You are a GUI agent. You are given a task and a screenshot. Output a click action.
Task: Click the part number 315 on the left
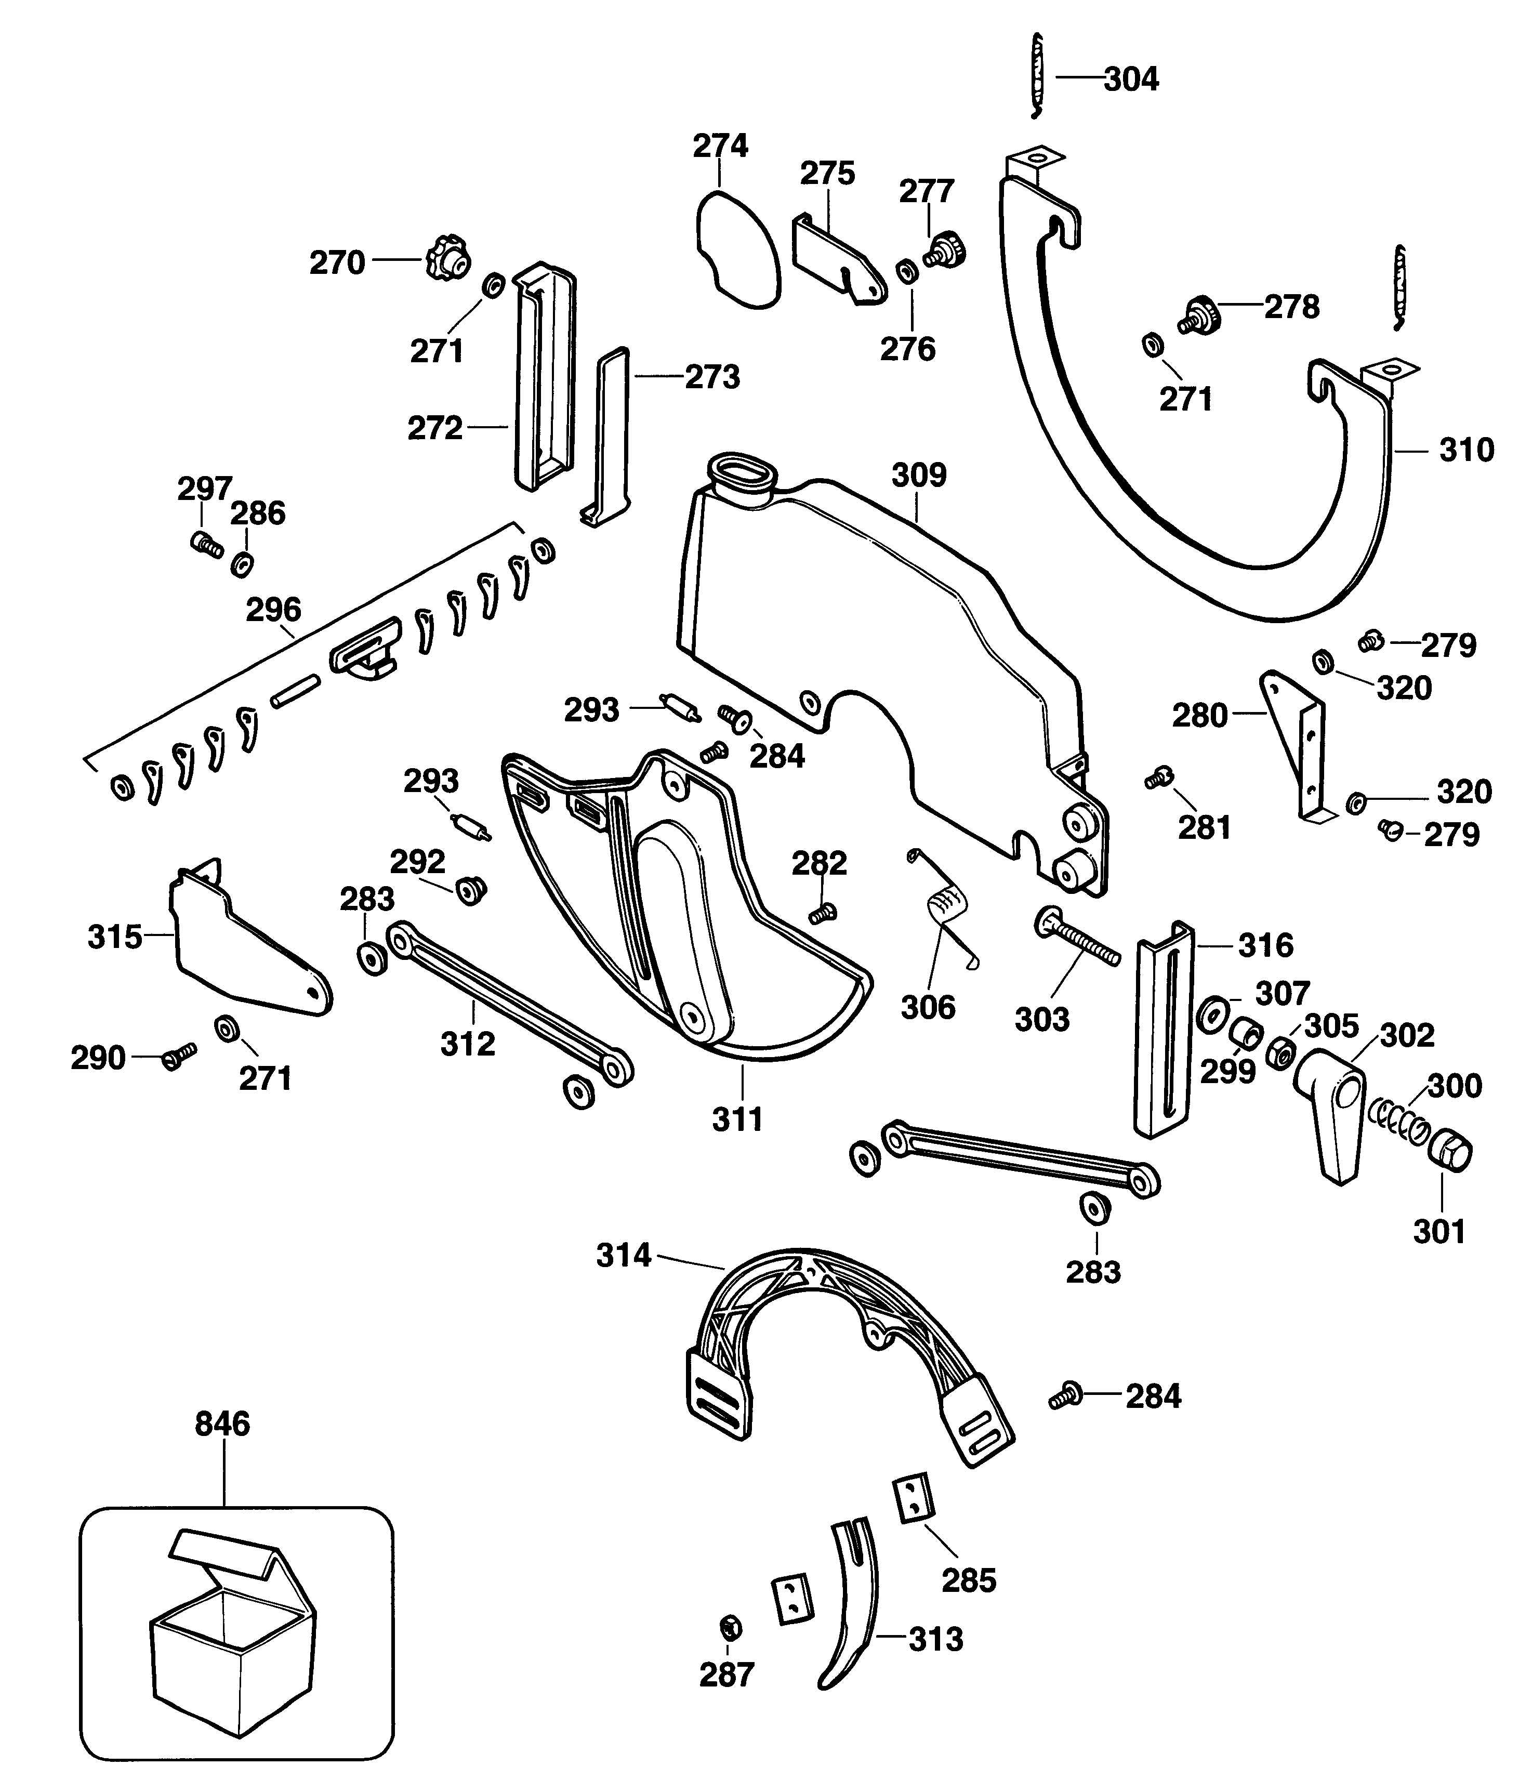(114, 937)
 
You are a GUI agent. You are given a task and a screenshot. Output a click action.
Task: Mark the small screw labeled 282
(823, 914)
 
